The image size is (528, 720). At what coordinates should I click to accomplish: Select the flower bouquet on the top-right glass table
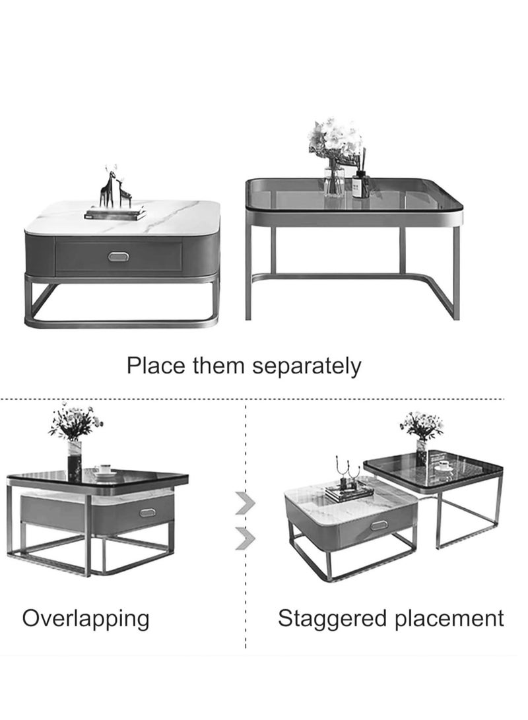coord(335,140)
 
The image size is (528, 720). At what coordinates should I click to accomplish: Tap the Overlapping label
coord(86,619)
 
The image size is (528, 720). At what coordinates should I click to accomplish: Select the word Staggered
coord(323,619)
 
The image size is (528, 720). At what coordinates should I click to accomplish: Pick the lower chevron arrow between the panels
coord(245,537)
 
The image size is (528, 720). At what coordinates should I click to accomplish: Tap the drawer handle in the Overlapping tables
coord(148,512)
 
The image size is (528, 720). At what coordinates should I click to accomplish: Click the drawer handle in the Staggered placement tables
coord(378,525)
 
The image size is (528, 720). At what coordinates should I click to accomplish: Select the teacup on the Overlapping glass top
coord(104,471)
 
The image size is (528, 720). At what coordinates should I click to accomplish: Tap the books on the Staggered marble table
coord(349,492)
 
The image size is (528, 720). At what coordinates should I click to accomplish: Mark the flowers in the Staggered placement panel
coord(421,424)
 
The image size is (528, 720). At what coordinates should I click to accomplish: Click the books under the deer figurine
coord(115,213)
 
